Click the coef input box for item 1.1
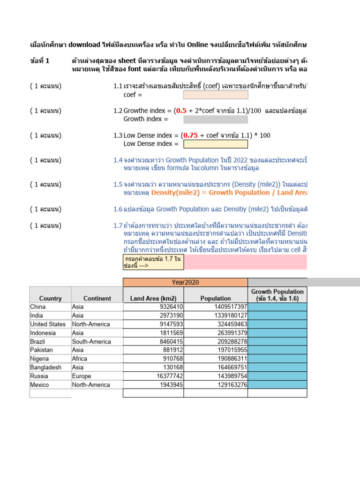click(215, 95)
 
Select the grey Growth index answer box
click(215, 120)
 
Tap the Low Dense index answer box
click(215, 144)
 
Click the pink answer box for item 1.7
click(246, 262)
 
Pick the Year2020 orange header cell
click(185, 282)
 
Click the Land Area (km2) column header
click(153, 298)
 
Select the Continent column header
click(97, 298)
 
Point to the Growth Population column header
click(277, 295)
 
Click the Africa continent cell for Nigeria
click(81, 359)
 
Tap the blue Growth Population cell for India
click(277, 315)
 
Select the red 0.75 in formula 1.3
click(190, 135)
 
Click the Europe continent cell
click(82, 376)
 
